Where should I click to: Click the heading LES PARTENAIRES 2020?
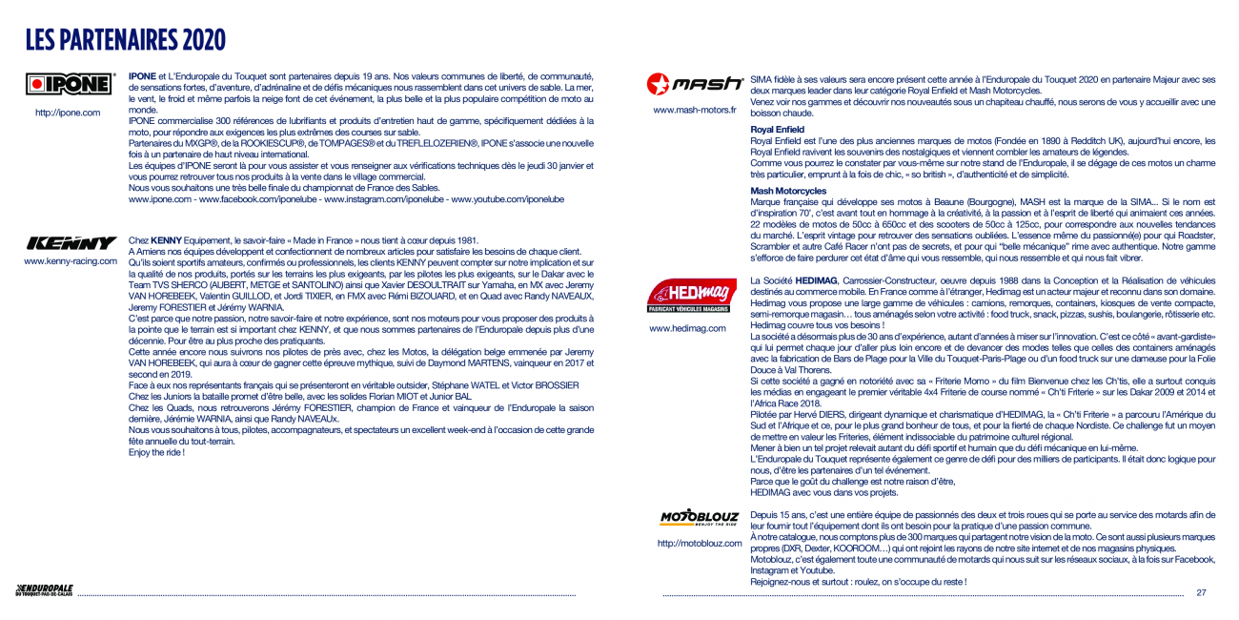click(x=125, y=40)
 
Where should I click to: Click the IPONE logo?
click(x=68, y=84)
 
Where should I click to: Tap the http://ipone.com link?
click(x=68, y=113)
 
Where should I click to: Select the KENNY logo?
click(x=71, y=243)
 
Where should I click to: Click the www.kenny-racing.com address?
click(x=71, y=260)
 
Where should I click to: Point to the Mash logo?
click(x=694, y=84)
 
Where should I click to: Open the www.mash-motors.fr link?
click(x=694, y=110)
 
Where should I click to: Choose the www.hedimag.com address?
click(x=687, y=328)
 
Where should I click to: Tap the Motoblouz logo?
click(x=700, y=519)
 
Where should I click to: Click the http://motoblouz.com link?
click(x=700, y=544)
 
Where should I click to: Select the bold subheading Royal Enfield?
click(x=777, y=129)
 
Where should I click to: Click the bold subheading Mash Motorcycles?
click(x=788, y=191)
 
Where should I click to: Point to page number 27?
click(x=1201, y=592)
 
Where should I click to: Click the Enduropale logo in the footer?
click(x=44, y=590)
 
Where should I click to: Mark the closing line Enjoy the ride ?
click(x=156, y=452)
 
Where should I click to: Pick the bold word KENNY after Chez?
click(x=166, y=239)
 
